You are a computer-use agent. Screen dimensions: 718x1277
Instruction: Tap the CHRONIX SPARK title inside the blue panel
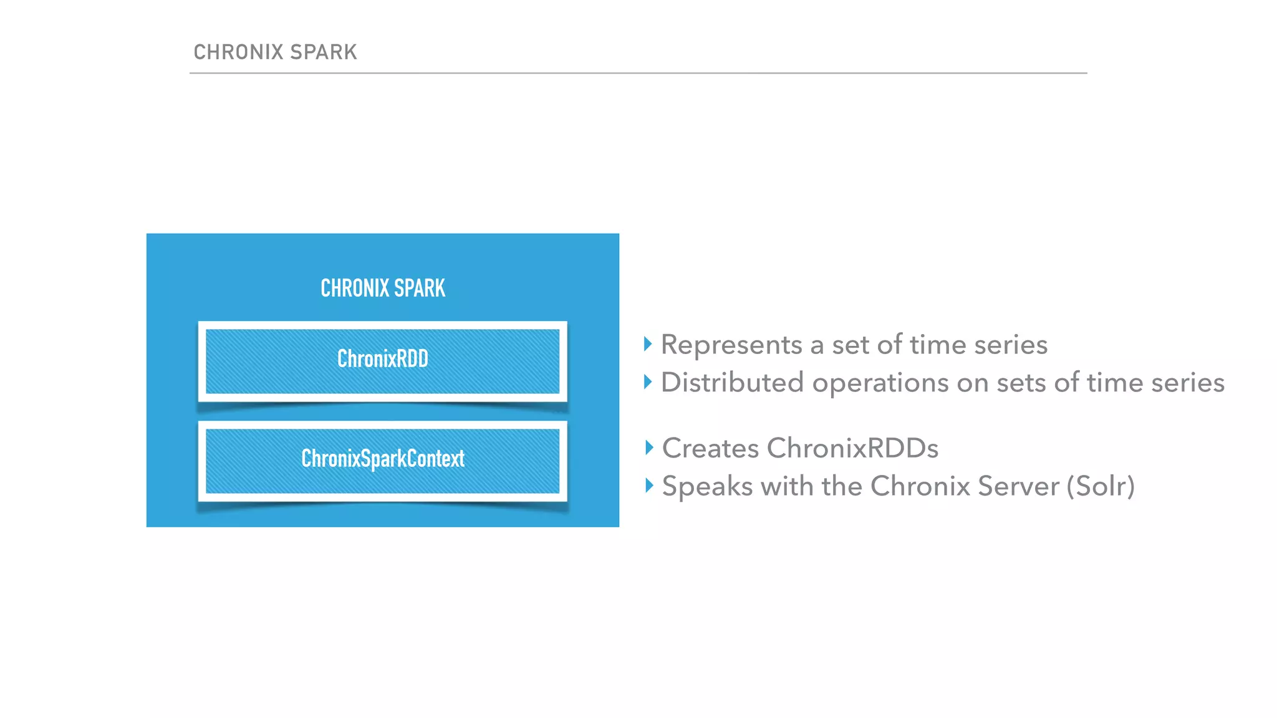click(383, 288)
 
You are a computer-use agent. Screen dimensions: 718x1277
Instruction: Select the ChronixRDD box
click(382, 361)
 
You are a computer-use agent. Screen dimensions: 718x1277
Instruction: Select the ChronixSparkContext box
click(382, 460)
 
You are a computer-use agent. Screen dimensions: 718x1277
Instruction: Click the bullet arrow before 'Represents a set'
click(648, 343)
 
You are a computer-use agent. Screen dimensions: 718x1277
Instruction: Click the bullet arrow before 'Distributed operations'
click(648, 381)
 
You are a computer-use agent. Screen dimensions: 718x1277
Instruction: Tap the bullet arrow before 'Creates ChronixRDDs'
click(649, 447)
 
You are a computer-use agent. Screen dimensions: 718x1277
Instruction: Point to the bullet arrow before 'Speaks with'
click(649, 485)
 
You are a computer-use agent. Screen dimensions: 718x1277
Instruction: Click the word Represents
click(731, 345)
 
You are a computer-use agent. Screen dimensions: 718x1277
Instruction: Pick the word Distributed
click(732, 383)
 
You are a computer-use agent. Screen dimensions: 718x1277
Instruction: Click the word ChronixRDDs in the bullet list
click(852, 448)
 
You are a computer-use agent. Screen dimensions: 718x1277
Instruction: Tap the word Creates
click(710, 448)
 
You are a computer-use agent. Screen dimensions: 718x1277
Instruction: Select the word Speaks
click(707, 487)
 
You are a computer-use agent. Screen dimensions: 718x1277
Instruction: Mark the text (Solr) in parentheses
click(1101, 487)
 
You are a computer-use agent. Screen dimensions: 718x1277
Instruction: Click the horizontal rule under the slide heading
click(638, 73)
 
